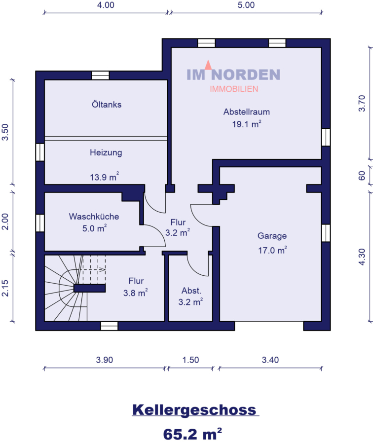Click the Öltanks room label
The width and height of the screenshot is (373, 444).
coord(107,105)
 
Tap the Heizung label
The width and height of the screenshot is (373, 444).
coord(106,152)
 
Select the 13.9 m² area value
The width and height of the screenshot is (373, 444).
coord(104,177)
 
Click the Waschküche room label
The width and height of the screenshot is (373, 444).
coord(94,217)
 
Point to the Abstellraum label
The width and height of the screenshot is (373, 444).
coord(246,112)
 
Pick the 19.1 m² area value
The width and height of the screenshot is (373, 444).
coord(246,124)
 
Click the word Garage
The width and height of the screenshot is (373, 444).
coord(272,236)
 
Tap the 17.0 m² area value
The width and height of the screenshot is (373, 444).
coord(272,250)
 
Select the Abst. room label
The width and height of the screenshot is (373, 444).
coord(191,291)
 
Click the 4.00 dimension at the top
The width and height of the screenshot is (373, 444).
coord(106,5)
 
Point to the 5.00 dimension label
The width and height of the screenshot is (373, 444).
coord(246,5)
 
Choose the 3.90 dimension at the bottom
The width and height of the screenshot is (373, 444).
coord(105,360)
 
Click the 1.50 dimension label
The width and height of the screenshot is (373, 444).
coord(190,360)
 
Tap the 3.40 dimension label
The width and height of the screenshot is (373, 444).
coord(270,360)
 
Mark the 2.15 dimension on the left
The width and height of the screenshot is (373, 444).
coord(5,288)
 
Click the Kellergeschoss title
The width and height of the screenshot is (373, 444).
coord(194,410)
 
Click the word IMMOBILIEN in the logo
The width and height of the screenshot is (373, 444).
coord(234,89)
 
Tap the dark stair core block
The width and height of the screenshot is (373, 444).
coord(89,288)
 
